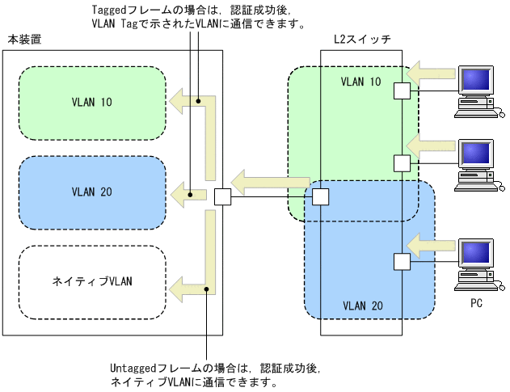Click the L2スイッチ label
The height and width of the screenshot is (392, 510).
coord(360,39)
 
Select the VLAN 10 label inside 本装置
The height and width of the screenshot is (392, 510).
coord(92,103)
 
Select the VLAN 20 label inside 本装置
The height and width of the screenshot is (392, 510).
coord(92,192)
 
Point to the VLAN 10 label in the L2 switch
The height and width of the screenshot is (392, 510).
coord(360,82)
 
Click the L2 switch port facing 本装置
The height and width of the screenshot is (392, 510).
coord(321,196)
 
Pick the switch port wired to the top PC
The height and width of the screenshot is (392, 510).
coord(402,91)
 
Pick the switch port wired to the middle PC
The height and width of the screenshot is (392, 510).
coord(402,162)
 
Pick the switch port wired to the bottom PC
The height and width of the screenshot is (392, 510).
coord(402,260)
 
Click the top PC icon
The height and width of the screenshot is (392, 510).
coord(476,87)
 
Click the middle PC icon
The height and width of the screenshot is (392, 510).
coord(476,162)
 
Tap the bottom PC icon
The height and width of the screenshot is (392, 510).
coord(476,263)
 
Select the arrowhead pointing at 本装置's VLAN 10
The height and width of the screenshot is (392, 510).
coord(176,100)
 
